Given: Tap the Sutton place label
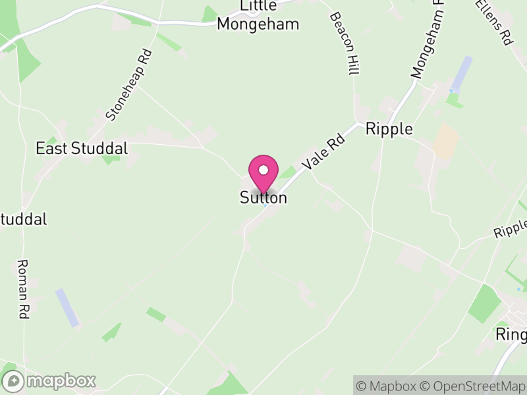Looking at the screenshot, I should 263,197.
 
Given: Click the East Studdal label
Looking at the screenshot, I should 82,148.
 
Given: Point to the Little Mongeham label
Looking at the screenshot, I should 258,16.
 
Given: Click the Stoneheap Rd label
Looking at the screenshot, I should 129,85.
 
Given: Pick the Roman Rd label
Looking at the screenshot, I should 21,289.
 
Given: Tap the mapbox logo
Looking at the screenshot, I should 49,381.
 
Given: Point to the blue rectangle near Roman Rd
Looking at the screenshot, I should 67,307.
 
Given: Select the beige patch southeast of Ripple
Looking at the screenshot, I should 446,140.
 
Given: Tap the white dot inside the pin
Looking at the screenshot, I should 263,170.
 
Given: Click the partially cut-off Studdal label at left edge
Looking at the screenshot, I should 24,219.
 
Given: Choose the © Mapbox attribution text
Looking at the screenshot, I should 388,385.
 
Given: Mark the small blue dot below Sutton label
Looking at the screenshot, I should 265,205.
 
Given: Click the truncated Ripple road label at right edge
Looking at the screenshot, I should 511,228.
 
